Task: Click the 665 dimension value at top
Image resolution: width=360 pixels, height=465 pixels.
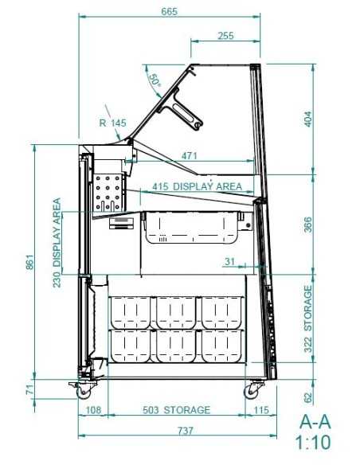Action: click(x=170, y=11)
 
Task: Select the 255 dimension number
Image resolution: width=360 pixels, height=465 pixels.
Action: click(x=225, y=36)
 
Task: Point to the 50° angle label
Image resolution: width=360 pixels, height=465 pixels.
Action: click(x=155, y=80)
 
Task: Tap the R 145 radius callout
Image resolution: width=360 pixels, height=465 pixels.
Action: click(x=112, y=123)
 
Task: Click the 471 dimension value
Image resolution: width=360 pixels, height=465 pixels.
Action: click(x=189, y=156)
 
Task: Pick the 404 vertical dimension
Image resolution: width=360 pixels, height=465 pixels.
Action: click(x=308, y=119)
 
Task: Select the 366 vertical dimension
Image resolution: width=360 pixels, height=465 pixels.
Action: click(x=308, y=225)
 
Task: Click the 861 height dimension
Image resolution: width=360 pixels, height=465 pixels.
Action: click(x=30, y=262)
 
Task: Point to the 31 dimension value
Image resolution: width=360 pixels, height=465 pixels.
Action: click(x=230, y=261)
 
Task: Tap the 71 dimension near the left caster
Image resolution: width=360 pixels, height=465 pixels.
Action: click(x=30, y=389)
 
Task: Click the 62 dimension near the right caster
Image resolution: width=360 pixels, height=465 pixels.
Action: click(x=308, y=397)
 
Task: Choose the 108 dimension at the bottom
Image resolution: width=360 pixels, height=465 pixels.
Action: click(x=93, y=410)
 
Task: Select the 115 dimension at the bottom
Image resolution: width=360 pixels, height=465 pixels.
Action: click(x=261, y=410)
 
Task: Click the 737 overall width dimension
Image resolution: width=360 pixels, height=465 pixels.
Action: click(x=186, y=430)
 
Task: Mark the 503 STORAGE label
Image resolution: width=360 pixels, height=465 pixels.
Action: click(x=177, y=410)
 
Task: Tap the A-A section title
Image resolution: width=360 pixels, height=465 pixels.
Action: click(x=315, y=421)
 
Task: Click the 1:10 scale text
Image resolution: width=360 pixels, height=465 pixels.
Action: click(x=313, y=443)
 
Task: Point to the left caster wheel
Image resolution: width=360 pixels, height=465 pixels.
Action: click(x=84, y=393)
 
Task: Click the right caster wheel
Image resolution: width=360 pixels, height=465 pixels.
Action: click(x=251, y=392)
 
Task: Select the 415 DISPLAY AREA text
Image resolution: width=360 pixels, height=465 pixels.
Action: click(x=198, y=186)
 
